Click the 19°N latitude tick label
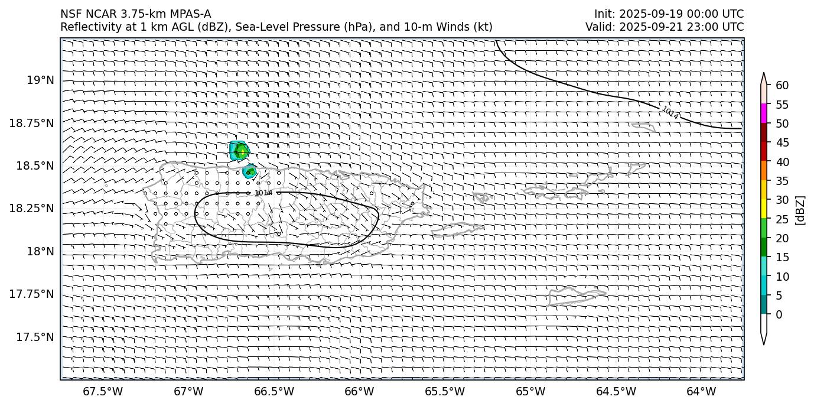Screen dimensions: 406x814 tap(41, 80)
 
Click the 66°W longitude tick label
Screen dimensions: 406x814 tap(359, 392)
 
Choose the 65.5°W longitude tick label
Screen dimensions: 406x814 tap(445, 392)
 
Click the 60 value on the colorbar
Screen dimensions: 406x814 tap(782, 86)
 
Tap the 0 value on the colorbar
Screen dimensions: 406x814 tap(779, 314)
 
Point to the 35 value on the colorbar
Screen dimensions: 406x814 tap(782, 181)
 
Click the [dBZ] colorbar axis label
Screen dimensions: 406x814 tap(801, 210)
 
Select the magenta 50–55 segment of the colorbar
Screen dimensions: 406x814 tap(764, 113)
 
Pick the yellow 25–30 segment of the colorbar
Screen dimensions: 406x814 tap(764, 209)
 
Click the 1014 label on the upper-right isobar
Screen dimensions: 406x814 tap(670, 112)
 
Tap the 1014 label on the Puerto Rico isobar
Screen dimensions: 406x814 tap(263, 193)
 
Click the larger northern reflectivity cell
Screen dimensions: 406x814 tap(239, 151)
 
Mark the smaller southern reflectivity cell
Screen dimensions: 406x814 tap(250, 172)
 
